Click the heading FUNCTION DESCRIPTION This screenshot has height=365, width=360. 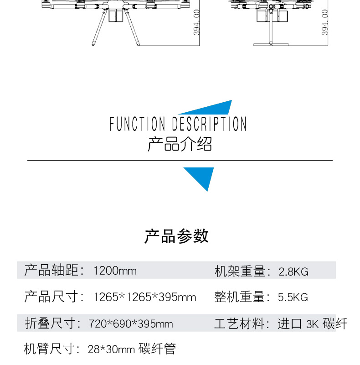click(178, 124)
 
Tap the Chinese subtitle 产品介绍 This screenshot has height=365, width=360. click(180, 144)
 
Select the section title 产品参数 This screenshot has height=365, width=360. click(177, 236)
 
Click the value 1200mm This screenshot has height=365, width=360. click(115, 271)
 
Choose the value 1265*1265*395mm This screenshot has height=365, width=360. click(144, 297)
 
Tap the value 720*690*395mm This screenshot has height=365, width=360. click(131, 324)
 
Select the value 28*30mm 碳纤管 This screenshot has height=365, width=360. click(132, 349)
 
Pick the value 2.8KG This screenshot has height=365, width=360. click(293, 272)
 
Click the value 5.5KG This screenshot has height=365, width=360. click(293, 297)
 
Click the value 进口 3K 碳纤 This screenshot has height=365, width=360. click(313, 324)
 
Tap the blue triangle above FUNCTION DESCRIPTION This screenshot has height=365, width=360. click(214, 109)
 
